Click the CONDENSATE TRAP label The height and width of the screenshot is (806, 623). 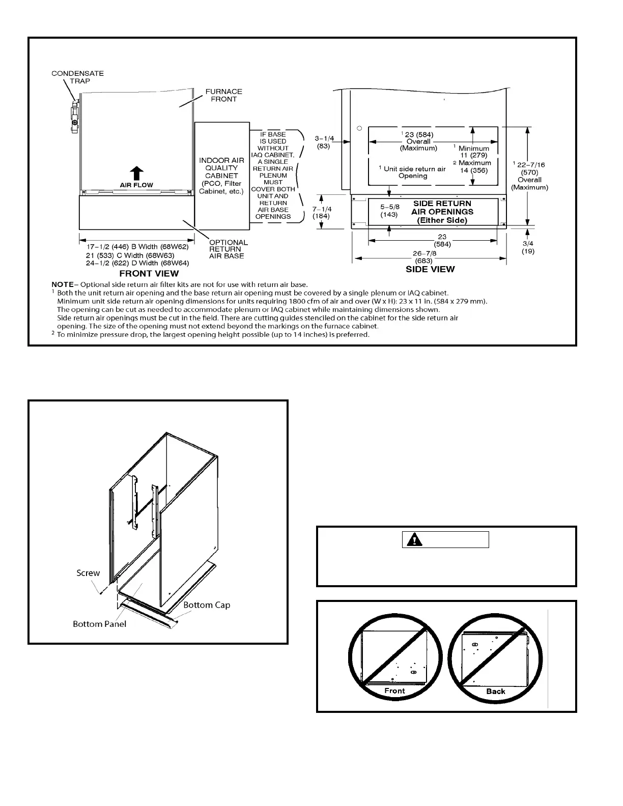tap(77, 77)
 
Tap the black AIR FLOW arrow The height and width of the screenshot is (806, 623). tap(136, 174)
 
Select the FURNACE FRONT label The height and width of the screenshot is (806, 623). tap(223, 95)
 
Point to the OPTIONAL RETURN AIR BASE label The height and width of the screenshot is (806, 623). tap(229, 249)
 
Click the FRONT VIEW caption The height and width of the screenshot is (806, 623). tap(149, 273)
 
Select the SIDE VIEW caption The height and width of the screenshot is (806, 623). tap(430, 269)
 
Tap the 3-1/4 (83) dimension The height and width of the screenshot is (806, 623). tap(324, 142)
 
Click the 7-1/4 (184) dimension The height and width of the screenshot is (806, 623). tap(322, 212)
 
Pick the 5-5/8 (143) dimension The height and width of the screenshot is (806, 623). tap(389, 211)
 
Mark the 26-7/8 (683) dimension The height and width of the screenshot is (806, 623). tap(424, 257)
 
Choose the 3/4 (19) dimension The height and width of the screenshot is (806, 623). tap(528, 247)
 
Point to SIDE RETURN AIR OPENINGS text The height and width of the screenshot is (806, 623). tap(442, 212)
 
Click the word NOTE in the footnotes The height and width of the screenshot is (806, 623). tap(62, 284)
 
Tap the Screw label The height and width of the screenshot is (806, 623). tap(88, 573)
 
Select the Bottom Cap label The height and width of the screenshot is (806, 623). tap(207, 605)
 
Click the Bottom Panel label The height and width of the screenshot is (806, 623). tap(99, 624)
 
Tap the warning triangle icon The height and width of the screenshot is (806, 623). tap(417, 540)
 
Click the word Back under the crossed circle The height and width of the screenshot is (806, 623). tap(495, 691)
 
